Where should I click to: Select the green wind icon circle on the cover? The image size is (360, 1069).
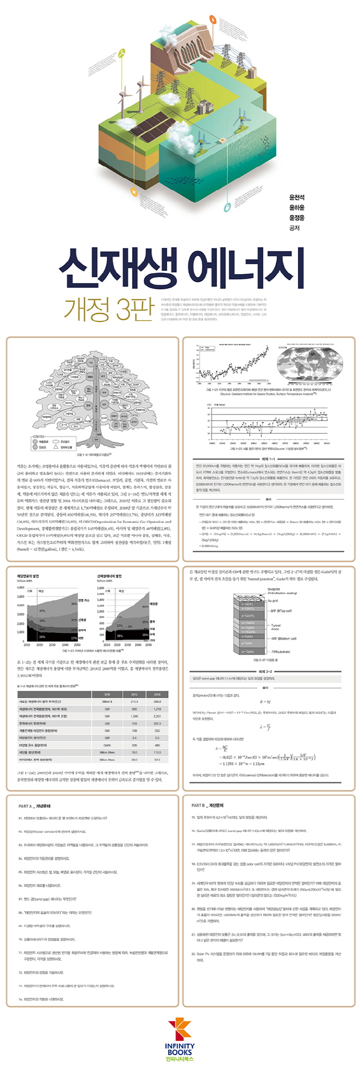pos(122,52)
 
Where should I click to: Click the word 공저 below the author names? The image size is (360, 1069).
pos(294,228)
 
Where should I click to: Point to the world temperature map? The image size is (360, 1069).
pos(307,363)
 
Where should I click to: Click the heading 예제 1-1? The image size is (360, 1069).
pos(268,459)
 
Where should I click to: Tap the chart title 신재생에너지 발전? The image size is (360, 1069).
pos(109,576)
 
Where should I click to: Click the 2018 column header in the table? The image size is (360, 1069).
pos(157,694)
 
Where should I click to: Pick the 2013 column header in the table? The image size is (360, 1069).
pos(134,694)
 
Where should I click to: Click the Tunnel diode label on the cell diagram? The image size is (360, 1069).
pos(276,627)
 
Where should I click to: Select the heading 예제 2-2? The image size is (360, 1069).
pos(268,672)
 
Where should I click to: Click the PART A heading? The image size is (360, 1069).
pos(34,806)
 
